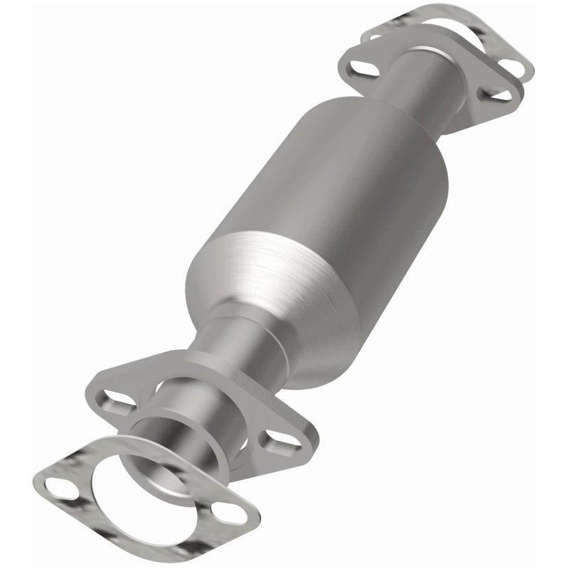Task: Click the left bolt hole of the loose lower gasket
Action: click(57, 486)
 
